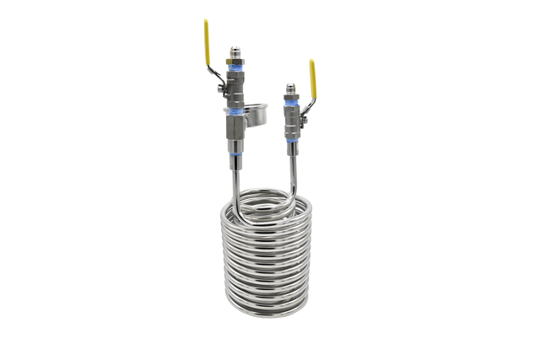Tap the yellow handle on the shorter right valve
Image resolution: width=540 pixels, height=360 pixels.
click(x=312, y=68)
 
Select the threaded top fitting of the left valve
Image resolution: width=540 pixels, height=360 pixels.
click(x=235, y=51)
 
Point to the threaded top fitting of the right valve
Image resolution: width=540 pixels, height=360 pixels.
click(x=292, y=86)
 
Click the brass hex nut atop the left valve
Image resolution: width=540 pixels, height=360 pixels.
click(x=235, y=63)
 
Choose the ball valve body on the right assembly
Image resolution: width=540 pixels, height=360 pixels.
click(x=293, y=118)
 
